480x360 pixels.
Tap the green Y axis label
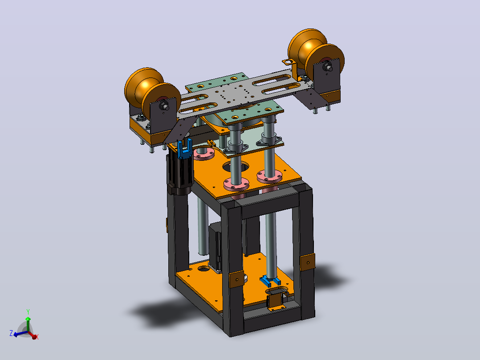point(28,312)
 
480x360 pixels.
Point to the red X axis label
point(37,337)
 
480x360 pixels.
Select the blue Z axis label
point(11,333)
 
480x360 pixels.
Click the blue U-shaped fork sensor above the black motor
point(185,149)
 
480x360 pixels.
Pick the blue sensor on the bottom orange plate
point(270,281)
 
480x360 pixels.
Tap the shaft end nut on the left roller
point(164,106)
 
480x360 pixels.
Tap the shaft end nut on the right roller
point(328,66)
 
